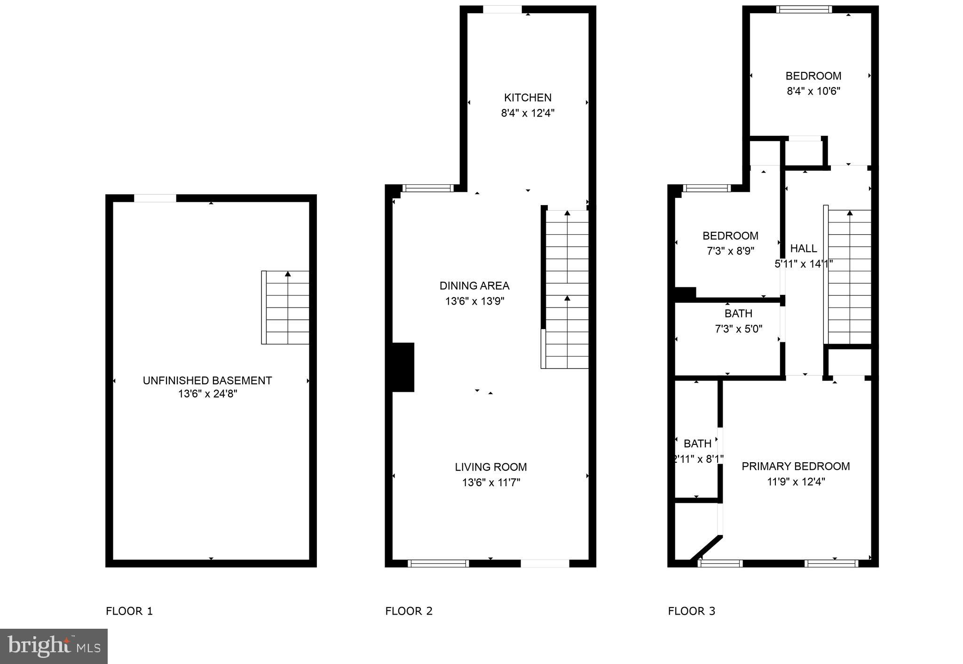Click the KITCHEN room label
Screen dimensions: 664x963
528,97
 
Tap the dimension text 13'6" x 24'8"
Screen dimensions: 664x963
207,394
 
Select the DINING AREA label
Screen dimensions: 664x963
474,285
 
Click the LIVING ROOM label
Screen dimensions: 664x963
490,467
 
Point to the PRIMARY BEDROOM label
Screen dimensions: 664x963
796,466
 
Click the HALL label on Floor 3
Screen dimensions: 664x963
803,248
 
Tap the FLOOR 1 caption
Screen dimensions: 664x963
129,611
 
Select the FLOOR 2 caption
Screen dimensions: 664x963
409,611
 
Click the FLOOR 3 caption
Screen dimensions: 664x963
691,611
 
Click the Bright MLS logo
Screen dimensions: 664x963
54,646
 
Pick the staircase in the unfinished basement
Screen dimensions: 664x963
286,308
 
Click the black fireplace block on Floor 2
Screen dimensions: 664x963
403,367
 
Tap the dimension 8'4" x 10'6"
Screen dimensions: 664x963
813,91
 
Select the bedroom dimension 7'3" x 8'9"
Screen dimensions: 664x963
730,251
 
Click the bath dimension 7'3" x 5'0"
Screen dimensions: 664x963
738,329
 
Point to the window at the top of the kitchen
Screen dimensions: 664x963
502,9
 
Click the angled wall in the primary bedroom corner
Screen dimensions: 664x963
706,548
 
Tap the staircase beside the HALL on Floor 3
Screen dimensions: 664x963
849,277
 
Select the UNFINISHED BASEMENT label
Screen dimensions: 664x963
207,380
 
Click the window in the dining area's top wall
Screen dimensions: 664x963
427,188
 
